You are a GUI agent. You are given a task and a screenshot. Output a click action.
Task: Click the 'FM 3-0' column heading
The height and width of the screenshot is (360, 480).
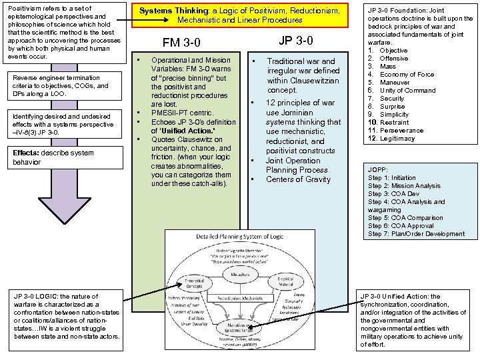tap(181, 43)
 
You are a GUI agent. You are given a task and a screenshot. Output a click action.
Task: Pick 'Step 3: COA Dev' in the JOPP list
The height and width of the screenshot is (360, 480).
tap(395, 194)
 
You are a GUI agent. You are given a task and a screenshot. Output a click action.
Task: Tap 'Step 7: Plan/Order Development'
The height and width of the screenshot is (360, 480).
tap(416, 234)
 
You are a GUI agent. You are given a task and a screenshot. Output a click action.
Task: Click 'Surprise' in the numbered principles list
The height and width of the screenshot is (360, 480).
tap(393, 107)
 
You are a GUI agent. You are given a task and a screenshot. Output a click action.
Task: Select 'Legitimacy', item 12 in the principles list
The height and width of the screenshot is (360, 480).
tap(397, 139)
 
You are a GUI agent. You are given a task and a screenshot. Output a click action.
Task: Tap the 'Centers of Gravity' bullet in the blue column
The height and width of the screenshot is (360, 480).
tap(298, 179)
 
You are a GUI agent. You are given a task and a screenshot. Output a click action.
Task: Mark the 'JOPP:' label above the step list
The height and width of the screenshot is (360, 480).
tap(377, 170)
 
